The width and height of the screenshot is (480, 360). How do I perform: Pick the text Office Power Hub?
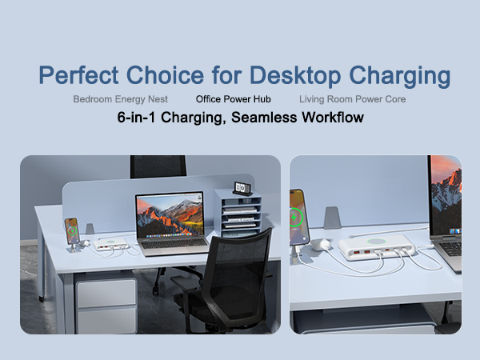(234, 100)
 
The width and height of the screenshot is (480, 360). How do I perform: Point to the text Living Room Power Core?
(352, 100)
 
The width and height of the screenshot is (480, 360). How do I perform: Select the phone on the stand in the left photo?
(71, 232)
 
